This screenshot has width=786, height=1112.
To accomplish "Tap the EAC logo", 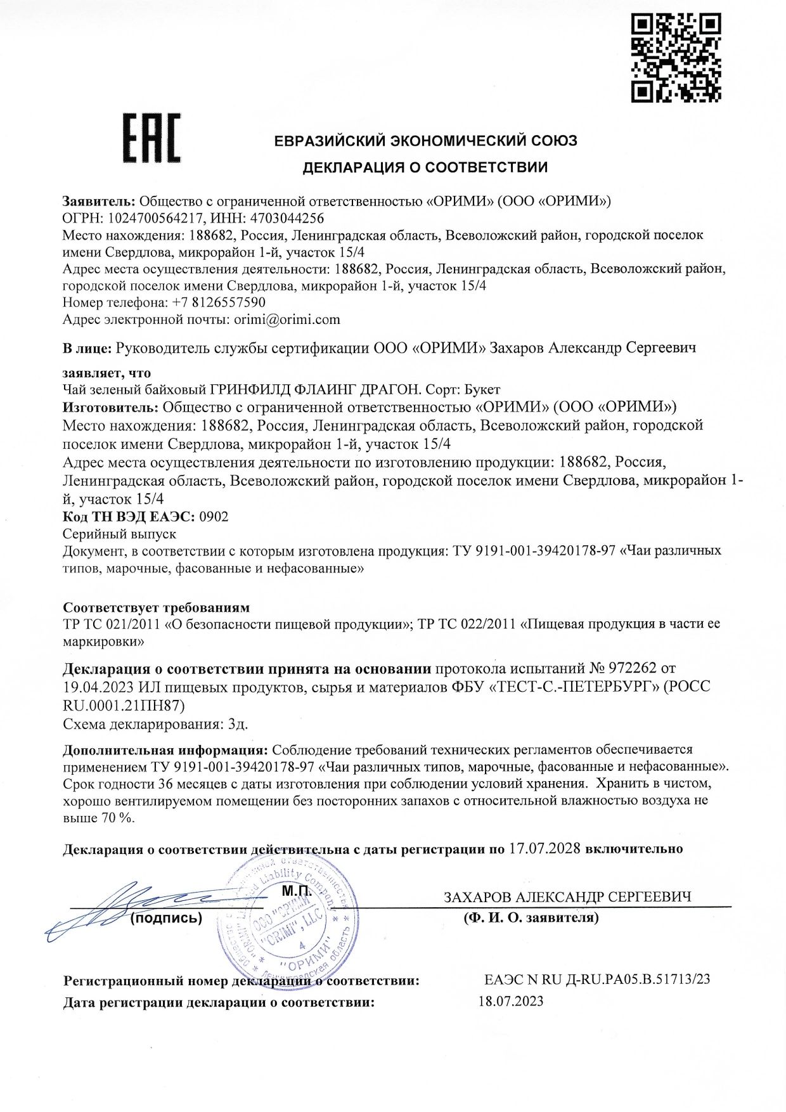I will coord(151,138).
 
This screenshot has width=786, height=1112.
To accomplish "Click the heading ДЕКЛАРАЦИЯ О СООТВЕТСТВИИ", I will coord(425,167).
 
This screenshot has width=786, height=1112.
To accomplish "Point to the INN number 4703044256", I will coord(287,219).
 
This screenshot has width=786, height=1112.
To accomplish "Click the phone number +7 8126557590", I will coord(219,302).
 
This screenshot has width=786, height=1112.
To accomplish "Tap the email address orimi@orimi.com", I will coord(287,320).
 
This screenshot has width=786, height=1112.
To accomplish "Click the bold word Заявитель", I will coord(98,202).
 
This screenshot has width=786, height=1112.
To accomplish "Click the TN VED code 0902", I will coord(214,517).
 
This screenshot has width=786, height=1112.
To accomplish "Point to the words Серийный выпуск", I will coord(120,534).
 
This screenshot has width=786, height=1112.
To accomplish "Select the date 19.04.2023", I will coord(98,687).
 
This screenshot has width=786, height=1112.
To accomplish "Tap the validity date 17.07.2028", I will coord(544,848).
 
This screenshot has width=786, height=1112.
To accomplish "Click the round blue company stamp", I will coord(286,920).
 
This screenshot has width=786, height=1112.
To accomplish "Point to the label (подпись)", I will coord(166,918).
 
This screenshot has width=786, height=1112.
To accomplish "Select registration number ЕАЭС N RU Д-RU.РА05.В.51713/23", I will coord(597,979).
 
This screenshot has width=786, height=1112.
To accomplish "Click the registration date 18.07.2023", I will coord(511,1002).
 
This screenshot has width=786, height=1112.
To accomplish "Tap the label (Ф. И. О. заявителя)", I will coord(531,917).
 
